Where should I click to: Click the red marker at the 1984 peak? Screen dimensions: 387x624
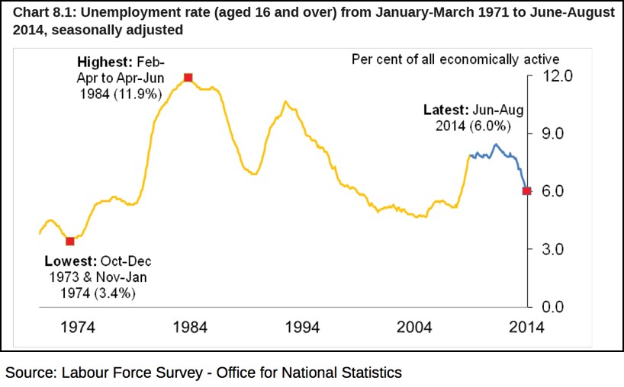pyautogui.click(x=188, y=77)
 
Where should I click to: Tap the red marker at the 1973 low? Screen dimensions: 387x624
pyautogui.click(x=70, y=241)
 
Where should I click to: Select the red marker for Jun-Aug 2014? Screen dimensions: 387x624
pyautogui.click(x=526, y=190)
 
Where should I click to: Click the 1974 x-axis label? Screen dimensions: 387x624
pyautogui.click(x=76, y=328)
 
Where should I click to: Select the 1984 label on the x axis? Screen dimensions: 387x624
pyautogui.click(x=188, y=328)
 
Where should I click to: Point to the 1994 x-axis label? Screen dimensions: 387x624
pyautogui.click(x=301, y=328)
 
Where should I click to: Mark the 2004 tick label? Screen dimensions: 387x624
pyautogui.click(x=413, y=328)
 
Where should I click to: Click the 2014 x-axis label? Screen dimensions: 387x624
pyautogui.click(x=526, y=328)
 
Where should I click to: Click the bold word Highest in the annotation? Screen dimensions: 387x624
pyautogui.click(x=103, y=62)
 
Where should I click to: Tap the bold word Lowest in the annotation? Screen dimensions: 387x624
pyautogui.click(x=68, y=261)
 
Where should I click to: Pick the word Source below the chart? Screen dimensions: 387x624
pyautogui.click(x=27, y=373)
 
